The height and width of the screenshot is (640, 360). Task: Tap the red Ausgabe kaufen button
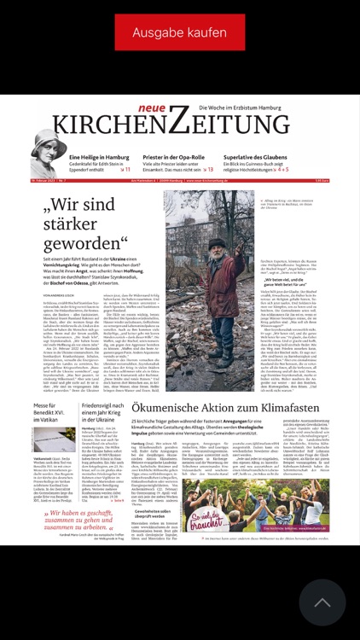point(180,32)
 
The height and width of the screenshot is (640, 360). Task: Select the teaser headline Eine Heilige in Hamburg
point(100,158)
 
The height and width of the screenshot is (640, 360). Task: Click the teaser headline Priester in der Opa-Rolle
point(178,158)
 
